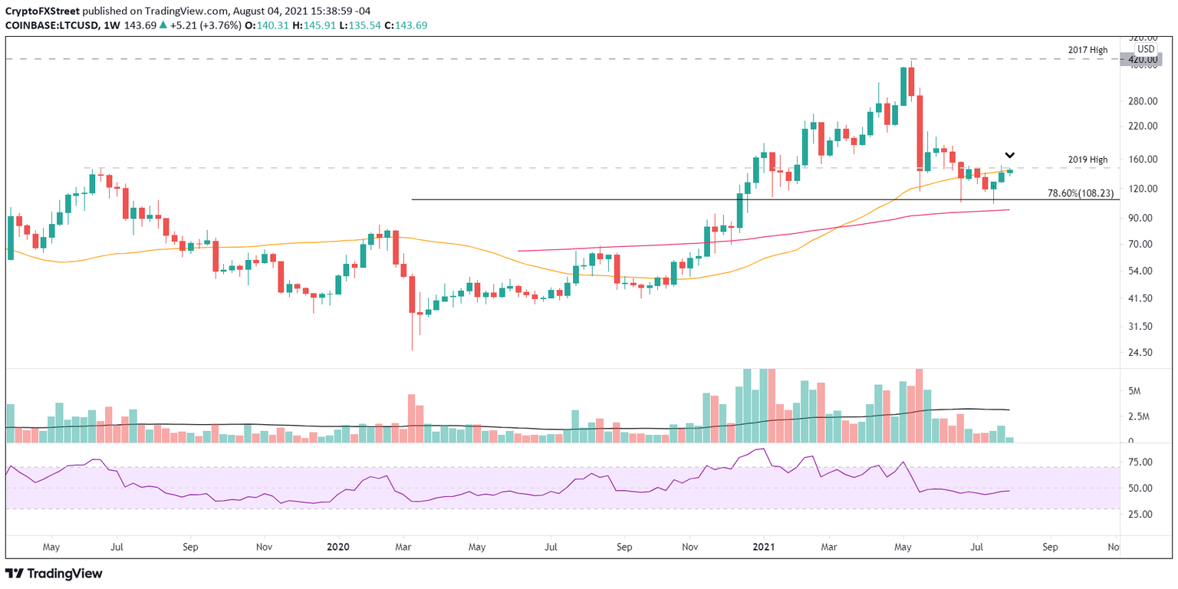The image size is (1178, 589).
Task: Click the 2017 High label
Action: (1088, 50)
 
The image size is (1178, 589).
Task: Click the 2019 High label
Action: (1088, 160)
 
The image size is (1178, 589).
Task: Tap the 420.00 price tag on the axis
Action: (1141, 59)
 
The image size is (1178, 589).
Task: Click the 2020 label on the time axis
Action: (338, 547)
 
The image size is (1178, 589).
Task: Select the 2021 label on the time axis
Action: (763, 547)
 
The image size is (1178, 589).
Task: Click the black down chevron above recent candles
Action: (1010, 156)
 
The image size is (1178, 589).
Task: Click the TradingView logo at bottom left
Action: (54, 573)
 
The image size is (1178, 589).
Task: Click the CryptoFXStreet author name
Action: (38, 9)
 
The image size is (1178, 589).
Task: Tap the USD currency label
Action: (1145, 48)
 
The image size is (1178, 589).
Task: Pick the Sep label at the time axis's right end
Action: (1050, 547)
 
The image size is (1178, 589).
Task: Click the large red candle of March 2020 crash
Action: (412, 294)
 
